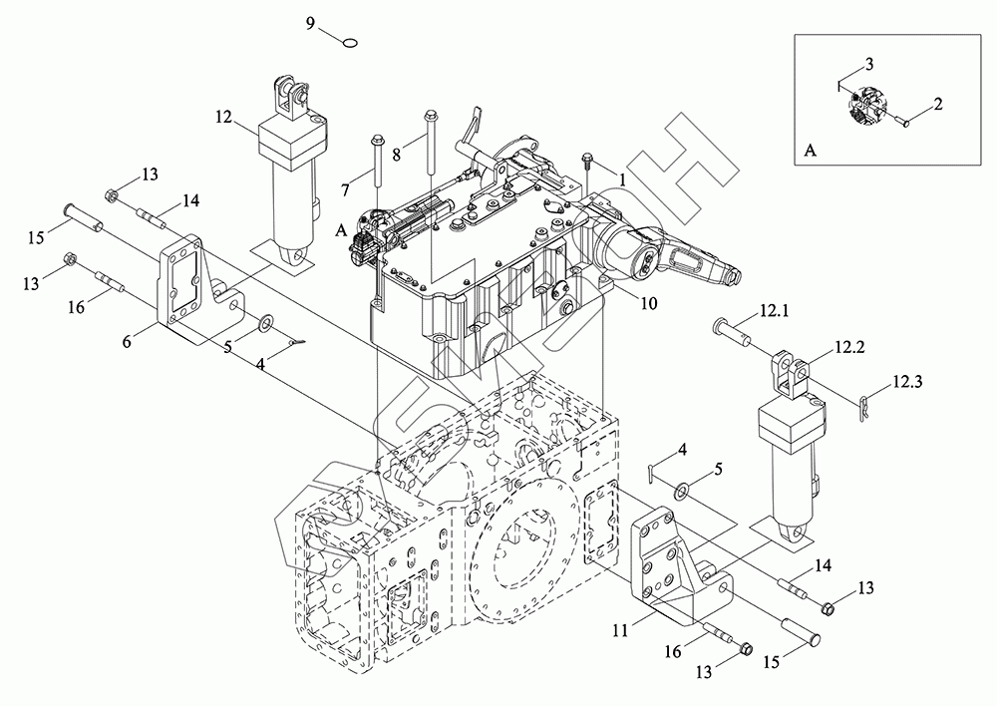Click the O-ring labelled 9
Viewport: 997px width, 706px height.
click(x=350, y=42)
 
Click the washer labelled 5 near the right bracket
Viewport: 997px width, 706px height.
click(x=683, y=491)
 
